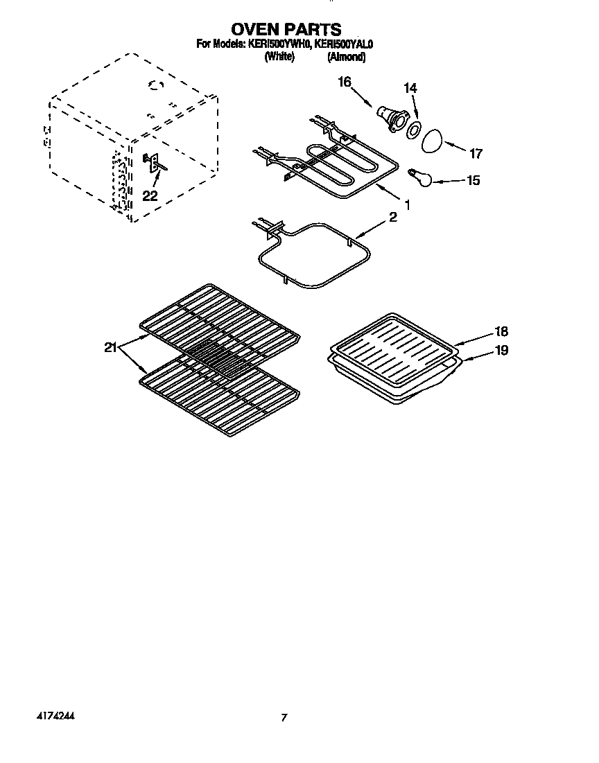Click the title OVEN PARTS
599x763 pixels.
[x=286, y=29]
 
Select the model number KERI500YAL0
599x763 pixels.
[x=344, y=44]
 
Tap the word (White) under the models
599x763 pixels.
[x=279, y=58]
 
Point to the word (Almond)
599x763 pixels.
[x=346, y=58]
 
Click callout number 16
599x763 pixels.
[x=345, y=82]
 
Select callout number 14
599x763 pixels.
[x=410, y=88]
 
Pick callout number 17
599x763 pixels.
[x=476, y=154]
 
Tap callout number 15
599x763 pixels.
[x=473, y=180]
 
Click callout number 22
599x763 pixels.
[x=150, y=196]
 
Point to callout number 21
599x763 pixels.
[x=110, y=348]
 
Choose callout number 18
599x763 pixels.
[x=501, y=331]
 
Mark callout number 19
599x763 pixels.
[x=501, y=351]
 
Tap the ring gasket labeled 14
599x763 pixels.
[x=414, y=128]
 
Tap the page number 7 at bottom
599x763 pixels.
[x=283, y=719]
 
